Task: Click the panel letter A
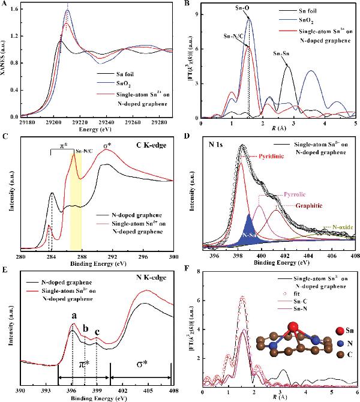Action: [x=5, y=5]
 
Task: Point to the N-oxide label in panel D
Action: [x=340, y=227]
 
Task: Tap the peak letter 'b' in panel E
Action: [x=85, y=329]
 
